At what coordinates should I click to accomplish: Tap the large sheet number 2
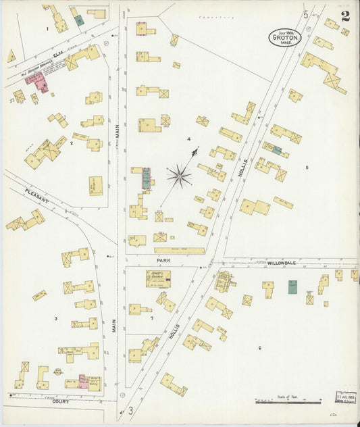coord(345,16)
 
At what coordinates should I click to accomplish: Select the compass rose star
coord(179,176)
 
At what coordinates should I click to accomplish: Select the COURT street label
coord(60,401)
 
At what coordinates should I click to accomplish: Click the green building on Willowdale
coord(292,286)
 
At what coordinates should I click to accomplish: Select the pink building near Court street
coord(83,382)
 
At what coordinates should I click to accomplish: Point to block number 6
coord(259,347)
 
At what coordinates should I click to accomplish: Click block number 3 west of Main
coord(56,318)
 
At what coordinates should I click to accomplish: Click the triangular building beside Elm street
coord(11,55)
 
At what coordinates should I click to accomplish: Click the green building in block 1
coord(79,20)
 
